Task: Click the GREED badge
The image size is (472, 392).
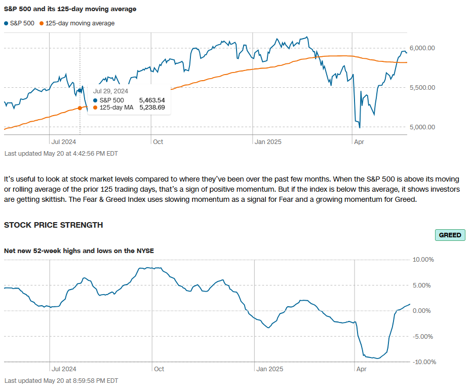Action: coord(450,235)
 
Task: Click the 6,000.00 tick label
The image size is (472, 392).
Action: coord(422,48)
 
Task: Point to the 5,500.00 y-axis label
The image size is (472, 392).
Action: coord(422,88)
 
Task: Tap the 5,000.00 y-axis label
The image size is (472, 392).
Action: coord(422,127)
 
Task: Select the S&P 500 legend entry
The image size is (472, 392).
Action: coord(20,23)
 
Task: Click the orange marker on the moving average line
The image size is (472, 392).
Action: coord(80,108)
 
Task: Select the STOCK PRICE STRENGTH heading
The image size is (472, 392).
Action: coord(54,225)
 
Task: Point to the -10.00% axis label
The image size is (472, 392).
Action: coord(423,362)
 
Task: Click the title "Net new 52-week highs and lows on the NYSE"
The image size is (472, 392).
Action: coord(79,251)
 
